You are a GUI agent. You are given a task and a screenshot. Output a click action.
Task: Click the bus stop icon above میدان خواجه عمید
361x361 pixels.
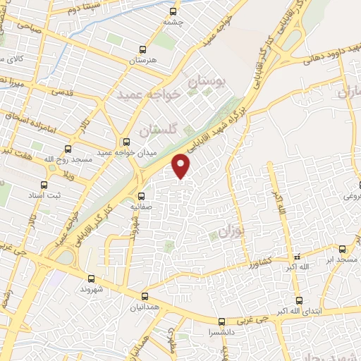click(x=126, y=141)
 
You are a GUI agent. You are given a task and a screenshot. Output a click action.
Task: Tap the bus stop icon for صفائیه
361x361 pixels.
click(x=142, y=196)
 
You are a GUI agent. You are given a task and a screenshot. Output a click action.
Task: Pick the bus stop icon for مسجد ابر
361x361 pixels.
click(x=343, y=249)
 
